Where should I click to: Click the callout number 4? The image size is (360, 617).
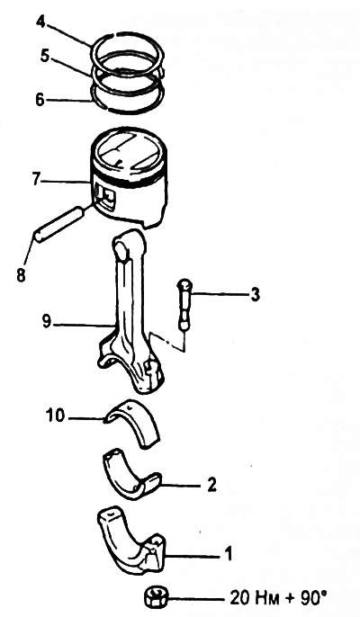tap(41, 22)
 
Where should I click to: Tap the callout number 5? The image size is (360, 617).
tap(45, 56)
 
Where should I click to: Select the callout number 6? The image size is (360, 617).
tap(40, 100)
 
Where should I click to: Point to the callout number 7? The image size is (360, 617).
tap(36, 180)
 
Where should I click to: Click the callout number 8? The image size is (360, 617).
tap(22, 275)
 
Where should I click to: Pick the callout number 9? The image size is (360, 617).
tap(47, 322)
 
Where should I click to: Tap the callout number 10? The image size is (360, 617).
tap(55, 416)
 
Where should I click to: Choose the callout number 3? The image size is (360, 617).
tap(256, 294)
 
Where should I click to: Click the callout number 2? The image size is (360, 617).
tap(211, 485)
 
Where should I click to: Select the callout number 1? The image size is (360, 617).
tap(228, 554)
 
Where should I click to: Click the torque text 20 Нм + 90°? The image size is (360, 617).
tap(278, 598)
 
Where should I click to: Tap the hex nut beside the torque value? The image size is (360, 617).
tap(155, 598)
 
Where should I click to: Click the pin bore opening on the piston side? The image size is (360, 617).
tap(106, 196)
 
